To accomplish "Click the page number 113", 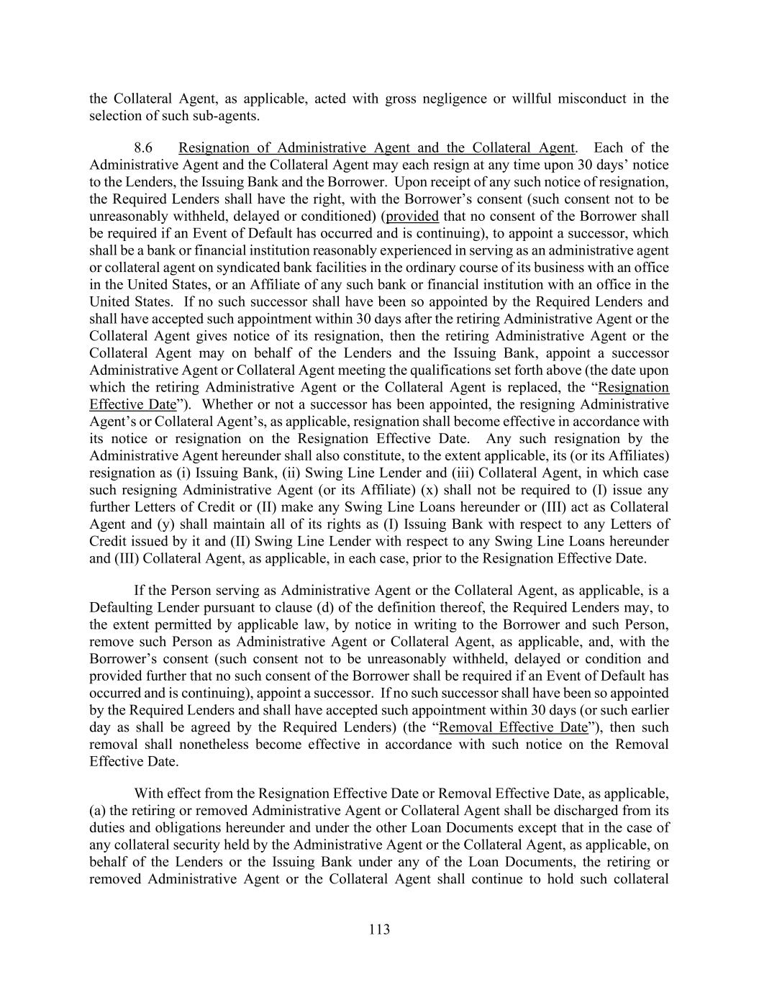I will pyautogui.click(x=379, y=929).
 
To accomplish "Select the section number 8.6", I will pyautogui.click(x=143, y=148).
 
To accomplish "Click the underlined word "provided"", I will pyautogui.click(x=412, y=217).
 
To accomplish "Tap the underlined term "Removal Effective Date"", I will pyautogui.click(x=513, y=727).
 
